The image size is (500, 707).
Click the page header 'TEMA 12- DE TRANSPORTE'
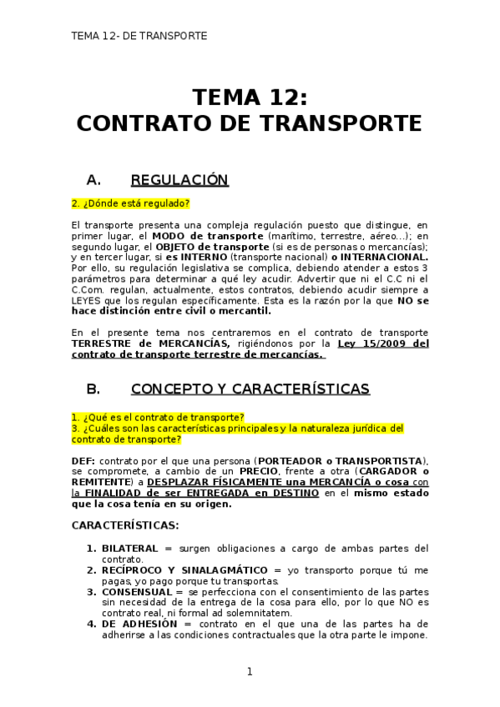tap(139, 36)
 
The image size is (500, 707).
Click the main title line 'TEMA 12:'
tap(250, 98)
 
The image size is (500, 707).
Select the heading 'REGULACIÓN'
tap(179, 180)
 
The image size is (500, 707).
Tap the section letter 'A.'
tap(93, 180)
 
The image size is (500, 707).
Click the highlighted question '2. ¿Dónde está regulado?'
tap(130, 203)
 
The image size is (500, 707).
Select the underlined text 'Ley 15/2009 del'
tap(383, 343)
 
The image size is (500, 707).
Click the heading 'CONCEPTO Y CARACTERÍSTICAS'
tap(250, 389)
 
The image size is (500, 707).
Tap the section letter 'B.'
tap(93, 389)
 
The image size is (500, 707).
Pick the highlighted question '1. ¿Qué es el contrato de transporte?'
tap(158, 417)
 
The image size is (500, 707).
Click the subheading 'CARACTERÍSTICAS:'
tap(124, 525)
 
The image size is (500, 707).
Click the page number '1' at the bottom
tap(250, 672)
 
